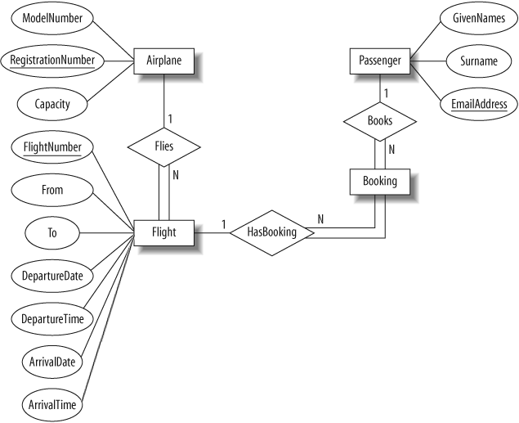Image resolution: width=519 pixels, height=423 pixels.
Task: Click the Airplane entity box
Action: click(163, 61)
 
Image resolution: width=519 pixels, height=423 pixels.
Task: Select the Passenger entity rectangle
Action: click(380, 61)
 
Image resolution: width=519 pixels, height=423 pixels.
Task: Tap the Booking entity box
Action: click(380, 182)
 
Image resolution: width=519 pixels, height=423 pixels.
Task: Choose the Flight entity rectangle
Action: click(163, 233)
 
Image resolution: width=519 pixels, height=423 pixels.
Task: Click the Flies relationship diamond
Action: click(163, 147)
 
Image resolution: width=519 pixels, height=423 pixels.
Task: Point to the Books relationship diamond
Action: click(380, 122)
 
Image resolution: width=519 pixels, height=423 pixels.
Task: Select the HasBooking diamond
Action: click(271, 233)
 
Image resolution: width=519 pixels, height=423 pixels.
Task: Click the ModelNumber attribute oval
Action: click(52, 18)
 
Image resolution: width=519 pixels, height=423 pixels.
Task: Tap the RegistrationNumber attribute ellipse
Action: click(52, 61)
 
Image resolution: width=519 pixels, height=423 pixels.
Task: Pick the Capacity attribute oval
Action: click(52, 104)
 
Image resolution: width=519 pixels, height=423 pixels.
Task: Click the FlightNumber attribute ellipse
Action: click(52, 147)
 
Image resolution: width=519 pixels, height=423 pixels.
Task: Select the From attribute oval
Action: click(52, 190)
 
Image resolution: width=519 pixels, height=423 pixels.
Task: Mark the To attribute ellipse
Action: click(52, 233)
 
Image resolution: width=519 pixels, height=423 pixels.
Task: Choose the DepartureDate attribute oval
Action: click(52, 276)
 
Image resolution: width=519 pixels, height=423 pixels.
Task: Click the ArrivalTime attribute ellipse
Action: click(52, 405)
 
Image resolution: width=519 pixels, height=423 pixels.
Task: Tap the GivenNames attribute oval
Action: click(479, 18)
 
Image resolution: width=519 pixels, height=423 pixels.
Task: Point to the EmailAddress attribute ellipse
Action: click(479, 104)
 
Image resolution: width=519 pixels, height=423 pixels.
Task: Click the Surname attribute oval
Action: click(479, 61)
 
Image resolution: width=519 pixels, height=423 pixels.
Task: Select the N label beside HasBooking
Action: click(320, 219)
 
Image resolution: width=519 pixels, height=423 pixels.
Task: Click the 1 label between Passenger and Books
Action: click(386, 93)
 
